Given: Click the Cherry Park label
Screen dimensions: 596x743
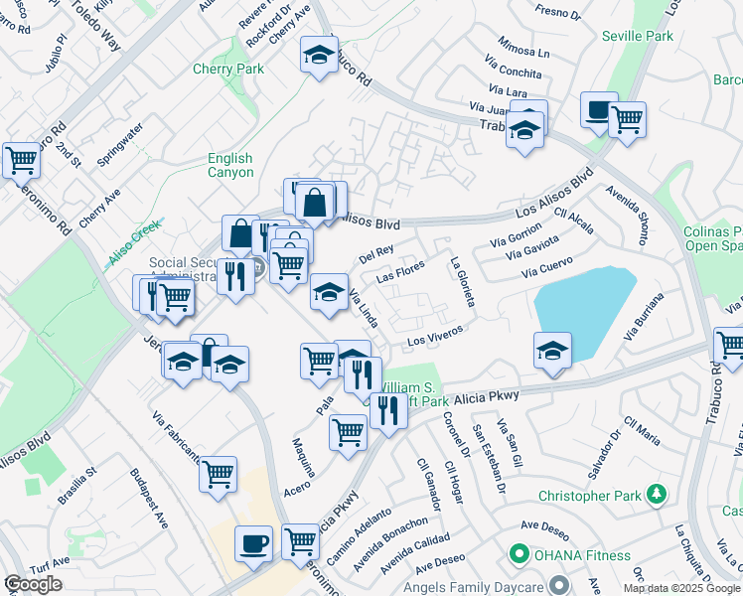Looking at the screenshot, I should [x=228, y=70].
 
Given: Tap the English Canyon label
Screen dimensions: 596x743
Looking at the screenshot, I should [x=230, y=165].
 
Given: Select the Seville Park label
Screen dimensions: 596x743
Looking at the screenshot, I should [x=637, y=36].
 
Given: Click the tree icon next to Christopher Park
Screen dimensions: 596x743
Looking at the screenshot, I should [x=656, y=494].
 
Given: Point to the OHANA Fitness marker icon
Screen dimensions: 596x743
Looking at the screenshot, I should [x=518, y=554].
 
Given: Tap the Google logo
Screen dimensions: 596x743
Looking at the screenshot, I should [x=33, y=584].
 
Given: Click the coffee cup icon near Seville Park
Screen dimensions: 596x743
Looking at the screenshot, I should [x=599, y=110].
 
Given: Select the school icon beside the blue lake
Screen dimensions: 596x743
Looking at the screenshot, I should [x=552, y=351].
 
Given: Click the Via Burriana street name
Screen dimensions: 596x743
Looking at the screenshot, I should [x=643, y=317].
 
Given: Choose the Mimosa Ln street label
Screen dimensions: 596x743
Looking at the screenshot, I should [x=523, y=49].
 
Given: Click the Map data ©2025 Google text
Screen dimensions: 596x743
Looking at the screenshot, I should [x=681, y=588].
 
